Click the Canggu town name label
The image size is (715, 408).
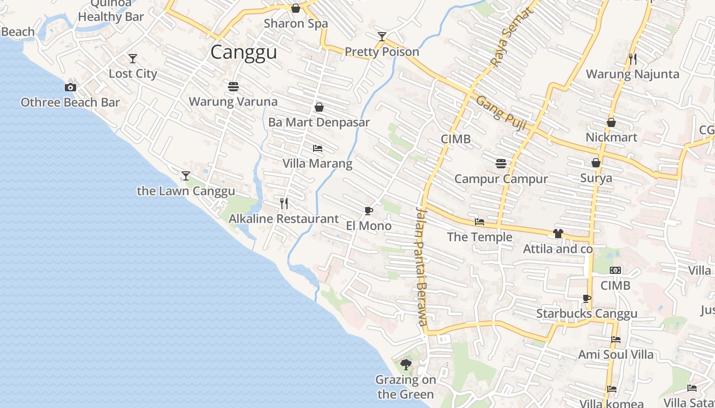[x=244, y=52]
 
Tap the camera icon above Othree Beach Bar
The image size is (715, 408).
[x=70, y=87]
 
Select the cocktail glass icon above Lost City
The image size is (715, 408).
[x=133, y=59]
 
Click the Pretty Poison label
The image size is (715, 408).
[x=382, y=52]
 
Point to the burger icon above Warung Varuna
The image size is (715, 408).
[x=233, y=87]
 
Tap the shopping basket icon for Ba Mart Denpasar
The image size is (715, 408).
[x=319, y=107]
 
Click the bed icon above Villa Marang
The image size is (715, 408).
[x=318, y=148]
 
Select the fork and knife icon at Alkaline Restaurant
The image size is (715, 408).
[x=284, y=203]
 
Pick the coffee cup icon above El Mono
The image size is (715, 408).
[x=368, y=211]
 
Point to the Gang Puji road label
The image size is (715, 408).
[x=501, y=113]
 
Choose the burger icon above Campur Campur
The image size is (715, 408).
[x=501, y=163]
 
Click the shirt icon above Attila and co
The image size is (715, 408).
[x=558, y=234]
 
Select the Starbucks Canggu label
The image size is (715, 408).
[x=587, y=314]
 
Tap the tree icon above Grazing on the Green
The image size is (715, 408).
[x=406, y=364]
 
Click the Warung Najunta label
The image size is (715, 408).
[x=632, y=74]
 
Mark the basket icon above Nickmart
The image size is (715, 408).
[x=611, y=122]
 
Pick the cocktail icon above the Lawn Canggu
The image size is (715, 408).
[x=186, y=176]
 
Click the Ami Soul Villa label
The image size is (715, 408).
[x=615, y=354]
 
